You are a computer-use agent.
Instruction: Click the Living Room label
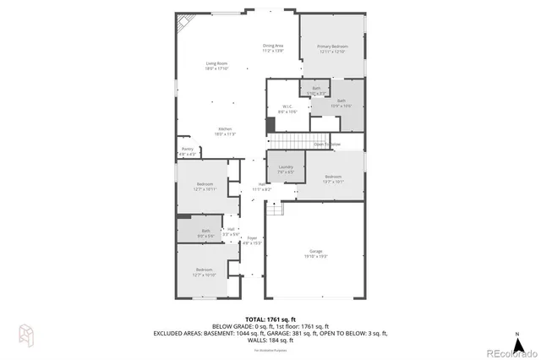(x=217, y=63)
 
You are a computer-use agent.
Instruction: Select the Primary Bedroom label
(x=332, y=46)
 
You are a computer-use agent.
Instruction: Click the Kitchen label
(x=224, y=128)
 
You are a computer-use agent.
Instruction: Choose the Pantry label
(x=187, y=149)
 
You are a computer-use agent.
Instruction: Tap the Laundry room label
(x=286, y=167)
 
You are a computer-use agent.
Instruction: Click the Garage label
(x=314, y=253)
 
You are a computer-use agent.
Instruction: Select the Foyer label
(x=252, y=238)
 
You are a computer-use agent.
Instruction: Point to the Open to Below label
(x=327, y=145)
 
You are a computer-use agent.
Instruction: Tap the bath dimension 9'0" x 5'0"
(x=206, y=235)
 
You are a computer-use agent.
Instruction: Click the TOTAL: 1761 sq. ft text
(x=269, y=318)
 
